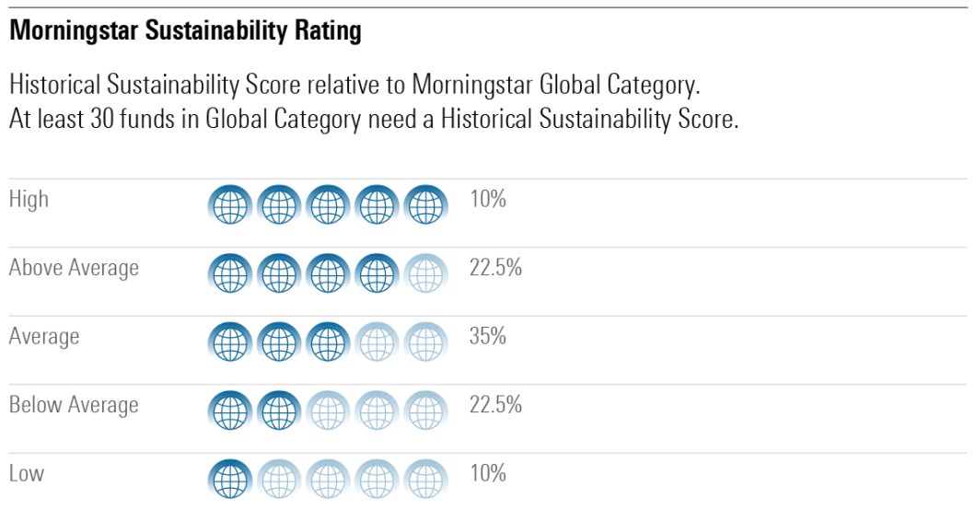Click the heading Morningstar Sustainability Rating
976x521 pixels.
(185, 32)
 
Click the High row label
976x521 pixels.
(29, 199)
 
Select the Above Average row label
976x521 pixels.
(74, 268)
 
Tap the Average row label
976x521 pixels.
(44, 337)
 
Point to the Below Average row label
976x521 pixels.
(74, 405)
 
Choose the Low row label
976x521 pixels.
(27, 474)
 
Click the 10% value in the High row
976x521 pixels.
(488, 199)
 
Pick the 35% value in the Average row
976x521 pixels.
(488, 337)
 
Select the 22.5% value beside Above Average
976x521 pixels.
(495, 268)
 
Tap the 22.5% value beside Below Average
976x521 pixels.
(495, 405)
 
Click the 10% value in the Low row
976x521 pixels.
(488, 474)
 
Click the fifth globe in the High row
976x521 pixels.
(425, 204)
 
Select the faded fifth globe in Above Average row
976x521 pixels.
(425, 273)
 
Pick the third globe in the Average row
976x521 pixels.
(328, 342)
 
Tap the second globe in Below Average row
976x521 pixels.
(279, 411)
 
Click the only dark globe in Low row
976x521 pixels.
(230, 480)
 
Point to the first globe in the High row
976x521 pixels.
(230, 204)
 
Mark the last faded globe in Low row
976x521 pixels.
(425, 480)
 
